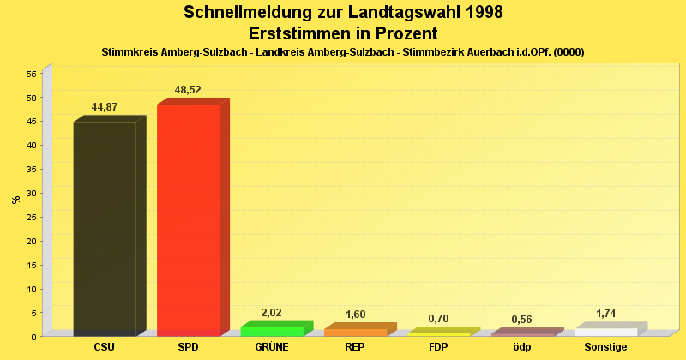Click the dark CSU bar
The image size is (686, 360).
(105, 227)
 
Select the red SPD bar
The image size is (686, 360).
(188, 219)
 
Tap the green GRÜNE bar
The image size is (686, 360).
(272, 331)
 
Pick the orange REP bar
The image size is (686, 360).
(355, 332)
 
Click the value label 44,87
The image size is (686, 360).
(105, 107)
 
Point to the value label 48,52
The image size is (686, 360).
(188, 89)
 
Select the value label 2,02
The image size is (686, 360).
(271, 313)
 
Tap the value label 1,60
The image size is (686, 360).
(355, 315)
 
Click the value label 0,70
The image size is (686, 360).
(438, 319)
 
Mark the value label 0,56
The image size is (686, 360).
(521, 320)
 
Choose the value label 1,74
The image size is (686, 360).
(605, 314)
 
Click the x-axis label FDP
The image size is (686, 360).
(438, 347)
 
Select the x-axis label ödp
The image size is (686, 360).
(521, 347)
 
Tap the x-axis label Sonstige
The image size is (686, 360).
(605, 347)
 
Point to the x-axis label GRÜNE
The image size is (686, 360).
(271, 347)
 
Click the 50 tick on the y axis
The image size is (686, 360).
(30, 97)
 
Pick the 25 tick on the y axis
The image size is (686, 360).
(30, 217)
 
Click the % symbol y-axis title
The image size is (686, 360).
(15, 200)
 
